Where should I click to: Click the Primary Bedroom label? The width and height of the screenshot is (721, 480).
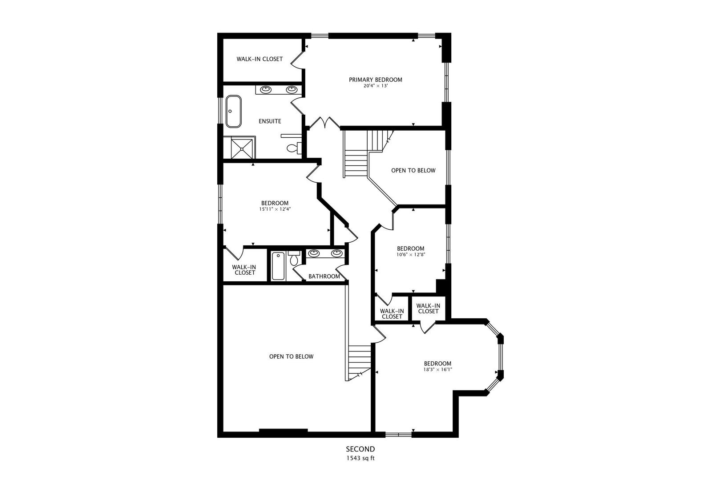click(375, 80)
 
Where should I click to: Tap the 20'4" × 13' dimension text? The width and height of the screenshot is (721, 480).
click(375, 86)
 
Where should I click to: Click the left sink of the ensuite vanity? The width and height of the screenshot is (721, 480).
click(266, 89)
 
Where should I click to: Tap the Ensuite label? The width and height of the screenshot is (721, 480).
click(270, 121)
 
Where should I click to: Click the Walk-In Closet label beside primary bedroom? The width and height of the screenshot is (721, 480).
click(259, 59)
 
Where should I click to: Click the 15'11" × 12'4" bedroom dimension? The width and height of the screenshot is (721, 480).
click(275, 209)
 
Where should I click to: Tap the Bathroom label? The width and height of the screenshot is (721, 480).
click(324, 276)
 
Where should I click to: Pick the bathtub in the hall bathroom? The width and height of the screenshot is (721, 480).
click(278, 266)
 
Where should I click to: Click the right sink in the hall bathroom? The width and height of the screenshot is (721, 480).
click(337, 253)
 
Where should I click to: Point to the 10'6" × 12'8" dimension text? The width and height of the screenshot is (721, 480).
click(410, 255)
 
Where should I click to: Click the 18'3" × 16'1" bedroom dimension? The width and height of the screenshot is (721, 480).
click(437, 369)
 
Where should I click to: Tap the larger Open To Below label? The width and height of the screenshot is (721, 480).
click(291, 356)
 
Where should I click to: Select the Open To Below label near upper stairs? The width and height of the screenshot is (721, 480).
click(413, 170)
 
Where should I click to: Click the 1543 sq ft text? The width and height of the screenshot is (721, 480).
click(360, 458)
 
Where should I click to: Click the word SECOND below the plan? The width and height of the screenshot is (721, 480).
click(360, 449)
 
